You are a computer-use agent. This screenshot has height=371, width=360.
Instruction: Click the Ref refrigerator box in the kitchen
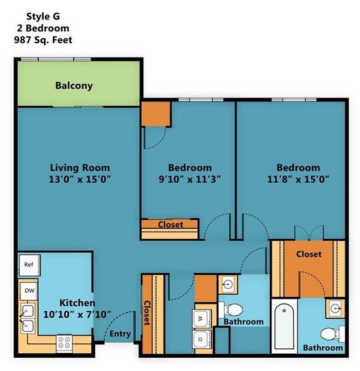click(29, 265)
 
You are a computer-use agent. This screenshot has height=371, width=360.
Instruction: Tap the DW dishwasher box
click(28, 290)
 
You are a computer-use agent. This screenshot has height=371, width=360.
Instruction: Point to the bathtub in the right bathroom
click(284, 326)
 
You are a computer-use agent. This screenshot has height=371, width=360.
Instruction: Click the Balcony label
click(74, 86)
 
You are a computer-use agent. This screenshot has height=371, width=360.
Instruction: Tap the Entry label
click(120, 334)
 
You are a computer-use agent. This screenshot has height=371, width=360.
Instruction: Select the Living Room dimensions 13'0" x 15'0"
click(80, 179)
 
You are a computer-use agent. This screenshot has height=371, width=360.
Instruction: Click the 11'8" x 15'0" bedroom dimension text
click(298, 179)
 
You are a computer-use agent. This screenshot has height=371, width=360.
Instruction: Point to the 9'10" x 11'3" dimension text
click(190, 179)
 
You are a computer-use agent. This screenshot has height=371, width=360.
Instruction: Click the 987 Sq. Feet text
click(43, 39)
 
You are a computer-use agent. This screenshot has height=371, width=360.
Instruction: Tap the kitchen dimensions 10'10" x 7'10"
click(78, 314)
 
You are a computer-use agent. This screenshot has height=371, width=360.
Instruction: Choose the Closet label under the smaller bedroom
click(170, 225)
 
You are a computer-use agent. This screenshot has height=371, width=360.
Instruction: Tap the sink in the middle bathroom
click(228, 285)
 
